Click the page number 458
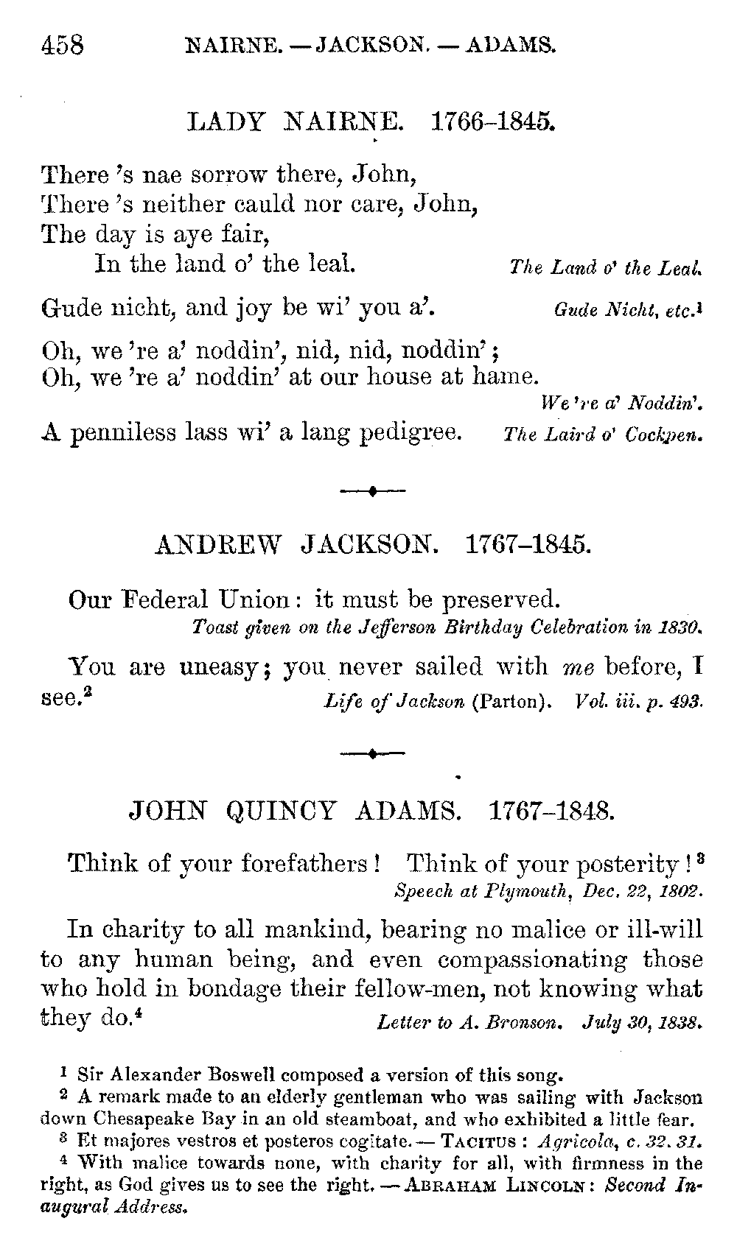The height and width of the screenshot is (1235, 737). point(63,46)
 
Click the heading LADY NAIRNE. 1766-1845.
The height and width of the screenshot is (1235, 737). point(371,121)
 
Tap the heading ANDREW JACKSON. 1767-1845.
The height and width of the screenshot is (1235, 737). point(373,545)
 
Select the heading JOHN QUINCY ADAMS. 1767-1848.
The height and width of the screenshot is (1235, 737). point(371,812)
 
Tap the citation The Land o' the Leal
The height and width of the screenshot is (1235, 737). point(605,268)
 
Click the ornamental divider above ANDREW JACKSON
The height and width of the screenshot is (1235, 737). point(373,490)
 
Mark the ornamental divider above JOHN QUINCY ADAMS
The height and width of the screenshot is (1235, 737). point(373,753)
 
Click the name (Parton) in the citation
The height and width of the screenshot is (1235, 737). point(511,701)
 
